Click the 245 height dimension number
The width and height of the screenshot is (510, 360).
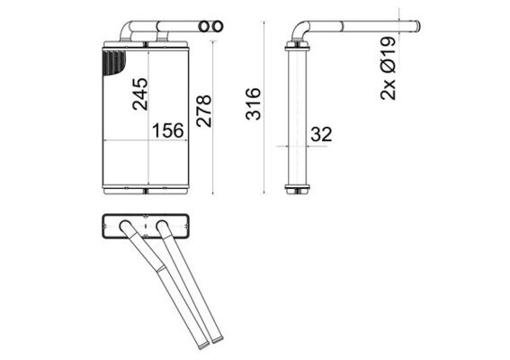click(x=139, y=94)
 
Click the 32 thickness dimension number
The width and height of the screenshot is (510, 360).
click(x=321, y=134)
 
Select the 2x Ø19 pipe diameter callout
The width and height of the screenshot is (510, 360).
click(x=388, y=68)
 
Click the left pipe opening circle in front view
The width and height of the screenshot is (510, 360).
click(x=203, y=28)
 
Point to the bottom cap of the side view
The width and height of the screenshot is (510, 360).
click(x=297, y=189)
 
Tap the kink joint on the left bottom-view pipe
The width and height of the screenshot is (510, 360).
click(x=158, y=268)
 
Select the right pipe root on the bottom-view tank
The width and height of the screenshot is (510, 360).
click(x=162, y=224)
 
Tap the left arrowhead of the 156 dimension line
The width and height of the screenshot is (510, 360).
click(x=108, y=143)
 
